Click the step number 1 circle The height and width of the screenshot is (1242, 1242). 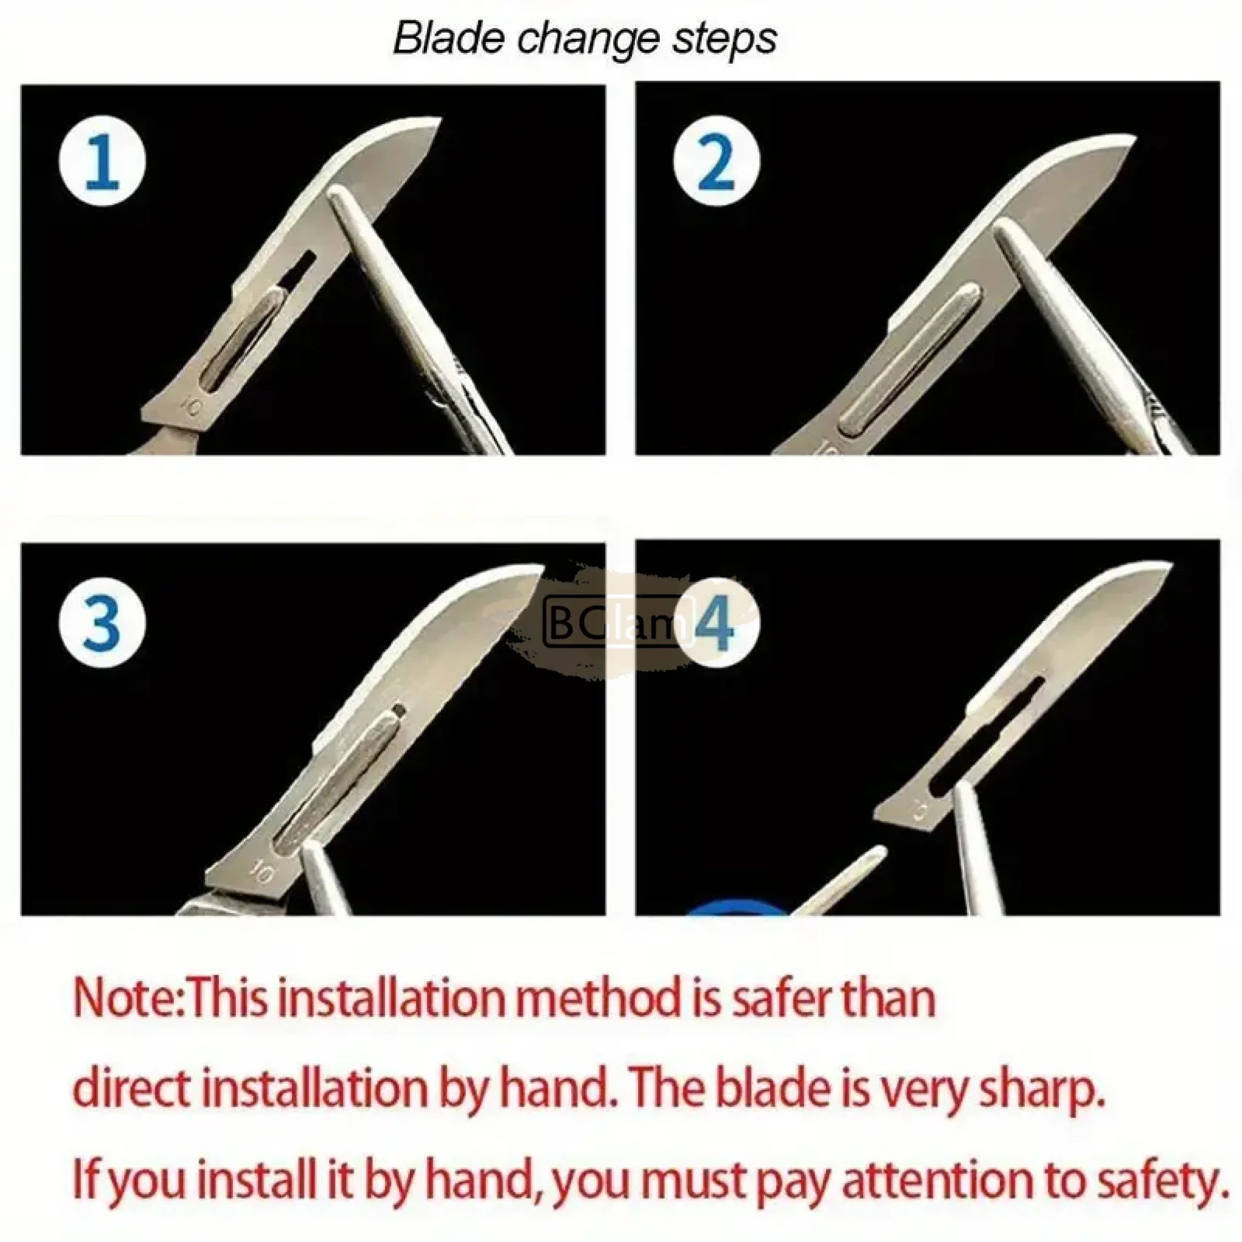pos(102,161)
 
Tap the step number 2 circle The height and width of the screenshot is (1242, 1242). pos(716,161)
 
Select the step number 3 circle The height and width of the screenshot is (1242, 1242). pos(102,623)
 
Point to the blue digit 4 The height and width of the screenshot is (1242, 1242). pos(714,623)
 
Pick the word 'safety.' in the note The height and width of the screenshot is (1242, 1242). pos(1158,1180)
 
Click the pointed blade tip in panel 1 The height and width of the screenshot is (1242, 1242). pos(440,119)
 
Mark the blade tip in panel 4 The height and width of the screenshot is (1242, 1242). pos(1170,565)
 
